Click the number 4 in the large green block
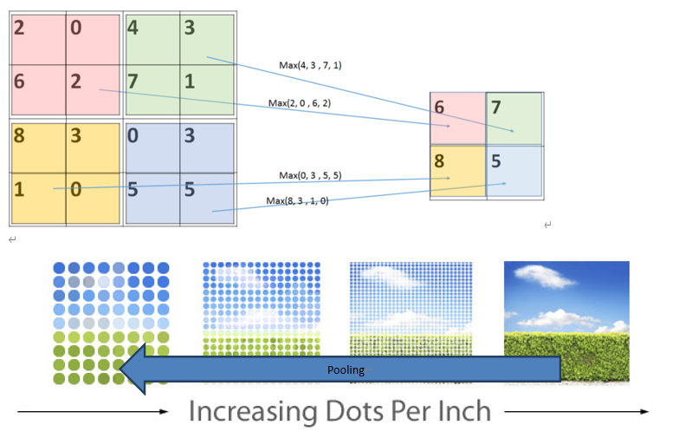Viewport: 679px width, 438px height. click(133, 28)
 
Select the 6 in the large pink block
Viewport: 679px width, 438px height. click(20, 82)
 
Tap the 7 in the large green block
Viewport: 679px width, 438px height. click(133, 82)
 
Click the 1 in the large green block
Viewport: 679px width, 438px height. click(188, 82)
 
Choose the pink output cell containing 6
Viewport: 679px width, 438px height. click(458, 118)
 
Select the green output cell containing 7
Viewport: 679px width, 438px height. click(514, 118)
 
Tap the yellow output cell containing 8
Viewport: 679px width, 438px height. click(458, 172)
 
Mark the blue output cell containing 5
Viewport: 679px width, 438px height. click(514, 172)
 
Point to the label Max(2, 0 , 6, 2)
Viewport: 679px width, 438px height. click(299, 103)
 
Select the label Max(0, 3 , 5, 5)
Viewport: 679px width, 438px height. click(310, 175)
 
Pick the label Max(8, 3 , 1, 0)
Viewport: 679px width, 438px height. click(298, 201)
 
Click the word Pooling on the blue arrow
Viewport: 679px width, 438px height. click(346, 370)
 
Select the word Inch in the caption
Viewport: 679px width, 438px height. click(462, 411)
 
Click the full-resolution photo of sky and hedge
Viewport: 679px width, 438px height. click(566, 321)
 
